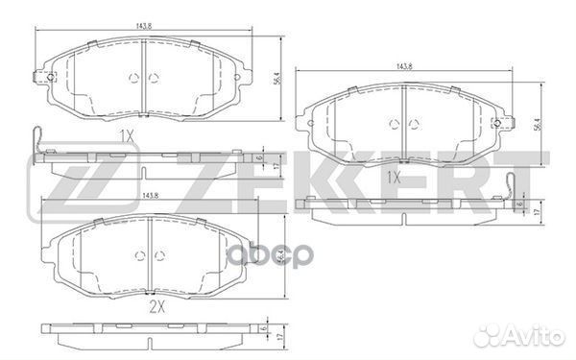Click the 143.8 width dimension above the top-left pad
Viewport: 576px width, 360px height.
tap(143, 29)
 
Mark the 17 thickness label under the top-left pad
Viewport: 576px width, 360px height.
tap(276, 165)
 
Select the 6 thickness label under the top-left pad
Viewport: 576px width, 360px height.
tap(260, 156)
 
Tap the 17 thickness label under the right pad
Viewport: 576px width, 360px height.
tap(536, 209)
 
